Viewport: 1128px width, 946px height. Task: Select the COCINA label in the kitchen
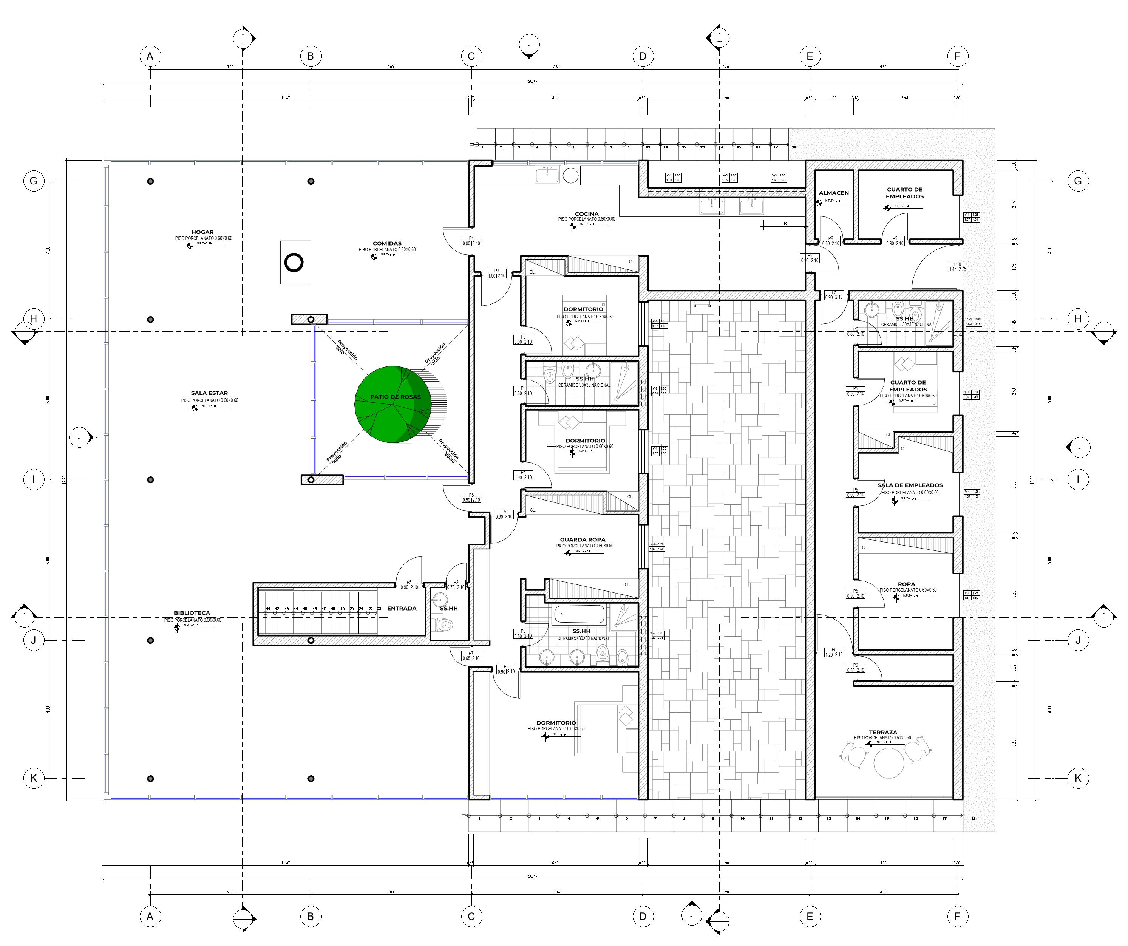(x=587, y=214)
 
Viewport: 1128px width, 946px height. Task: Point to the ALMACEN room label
(x=834, y=193)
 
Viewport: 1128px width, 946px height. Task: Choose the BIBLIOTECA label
(x=192, y=613)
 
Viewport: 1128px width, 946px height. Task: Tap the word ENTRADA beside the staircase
(x=402, y=609)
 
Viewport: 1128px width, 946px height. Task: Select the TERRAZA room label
(x=883, y=732)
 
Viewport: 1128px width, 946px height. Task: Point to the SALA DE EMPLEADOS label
(x=910, y=485)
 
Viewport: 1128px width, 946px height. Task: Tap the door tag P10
(x=957, y=264)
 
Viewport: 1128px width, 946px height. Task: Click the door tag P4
(x=471, y=238)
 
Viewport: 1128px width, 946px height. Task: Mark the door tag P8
(x=834, y=650)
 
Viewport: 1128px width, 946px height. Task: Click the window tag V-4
(x=669, y=176)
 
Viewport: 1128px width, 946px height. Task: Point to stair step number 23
(x=379, y=609)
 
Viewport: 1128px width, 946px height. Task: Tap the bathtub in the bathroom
(x=579, y=614)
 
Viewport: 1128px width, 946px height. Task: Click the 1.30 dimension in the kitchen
(x=784, y=224)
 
